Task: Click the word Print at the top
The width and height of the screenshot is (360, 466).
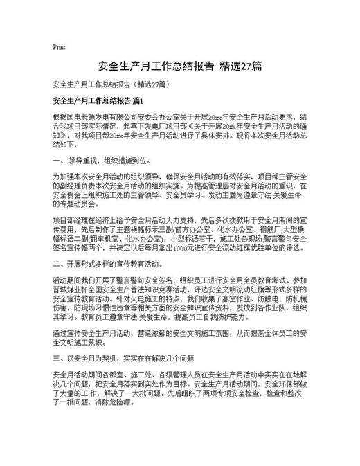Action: [x=59, y=47]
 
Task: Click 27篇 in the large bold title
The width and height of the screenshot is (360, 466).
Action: [x=250, y=67]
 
